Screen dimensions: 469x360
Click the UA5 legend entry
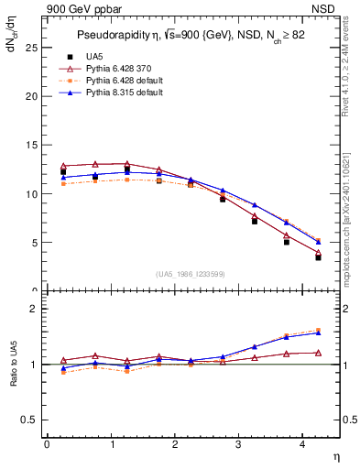(90, 56)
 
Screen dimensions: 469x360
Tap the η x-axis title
(334, 455)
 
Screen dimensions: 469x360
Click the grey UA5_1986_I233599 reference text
(191, 275)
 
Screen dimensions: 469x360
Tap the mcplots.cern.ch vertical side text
(352, 211)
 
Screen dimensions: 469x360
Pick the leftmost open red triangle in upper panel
(63, 166)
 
